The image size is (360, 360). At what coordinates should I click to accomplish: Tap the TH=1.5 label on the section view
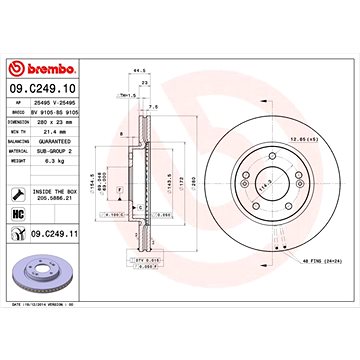(126, 109)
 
